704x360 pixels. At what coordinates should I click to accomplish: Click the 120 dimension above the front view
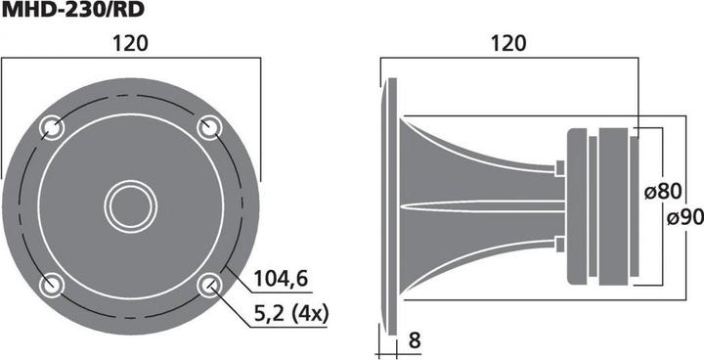coord(130,43)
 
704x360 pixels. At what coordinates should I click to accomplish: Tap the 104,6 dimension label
coord(281,279)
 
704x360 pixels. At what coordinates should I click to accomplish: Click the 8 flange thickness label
coord(415,341)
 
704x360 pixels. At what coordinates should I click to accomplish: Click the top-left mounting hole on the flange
coord(52,126)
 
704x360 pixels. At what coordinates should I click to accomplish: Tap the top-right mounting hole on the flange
coord(208,126)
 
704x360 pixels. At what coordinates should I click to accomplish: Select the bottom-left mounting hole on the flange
coord(52,284)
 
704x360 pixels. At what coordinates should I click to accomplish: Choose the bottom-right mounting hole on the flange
coord(208,284)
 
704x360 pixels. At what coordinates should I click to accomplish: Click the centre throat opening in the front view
coord(130,205)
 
